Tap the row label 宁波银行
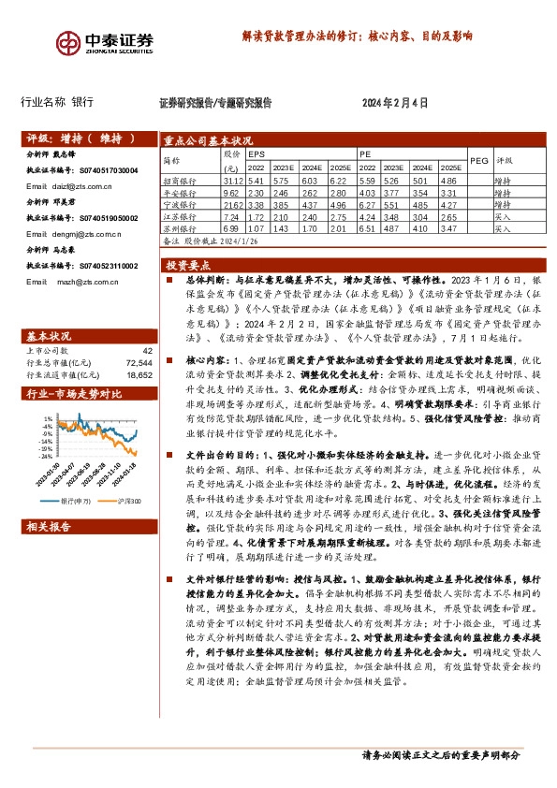coord(180,203)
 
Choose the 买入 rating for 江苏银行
coord(502,215)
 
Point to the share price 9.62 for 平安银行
coord(233,192)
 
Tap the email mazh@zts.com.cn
coord(75,281)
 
